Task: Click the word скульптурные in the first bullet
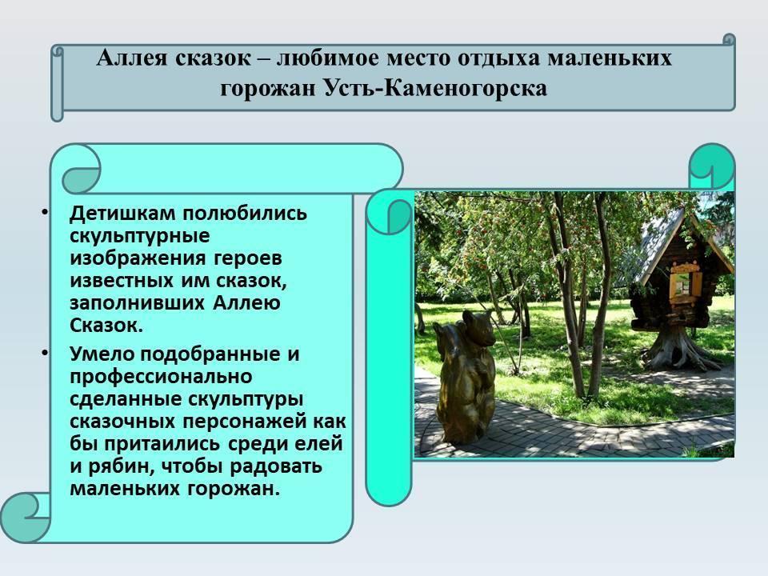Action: [139, 236]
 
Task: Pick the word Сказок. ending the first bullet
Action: [106, 326]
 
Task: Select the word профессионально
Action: [161, 377]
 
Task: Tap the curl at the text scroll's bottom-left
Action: [23, 518]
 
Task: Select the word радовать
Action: [276, 466]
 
